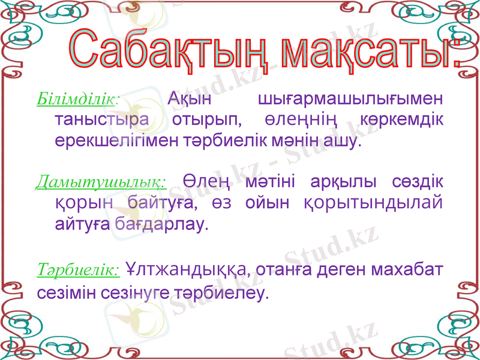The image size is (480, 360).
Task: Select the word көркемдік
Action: click(x=403, y=119)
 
